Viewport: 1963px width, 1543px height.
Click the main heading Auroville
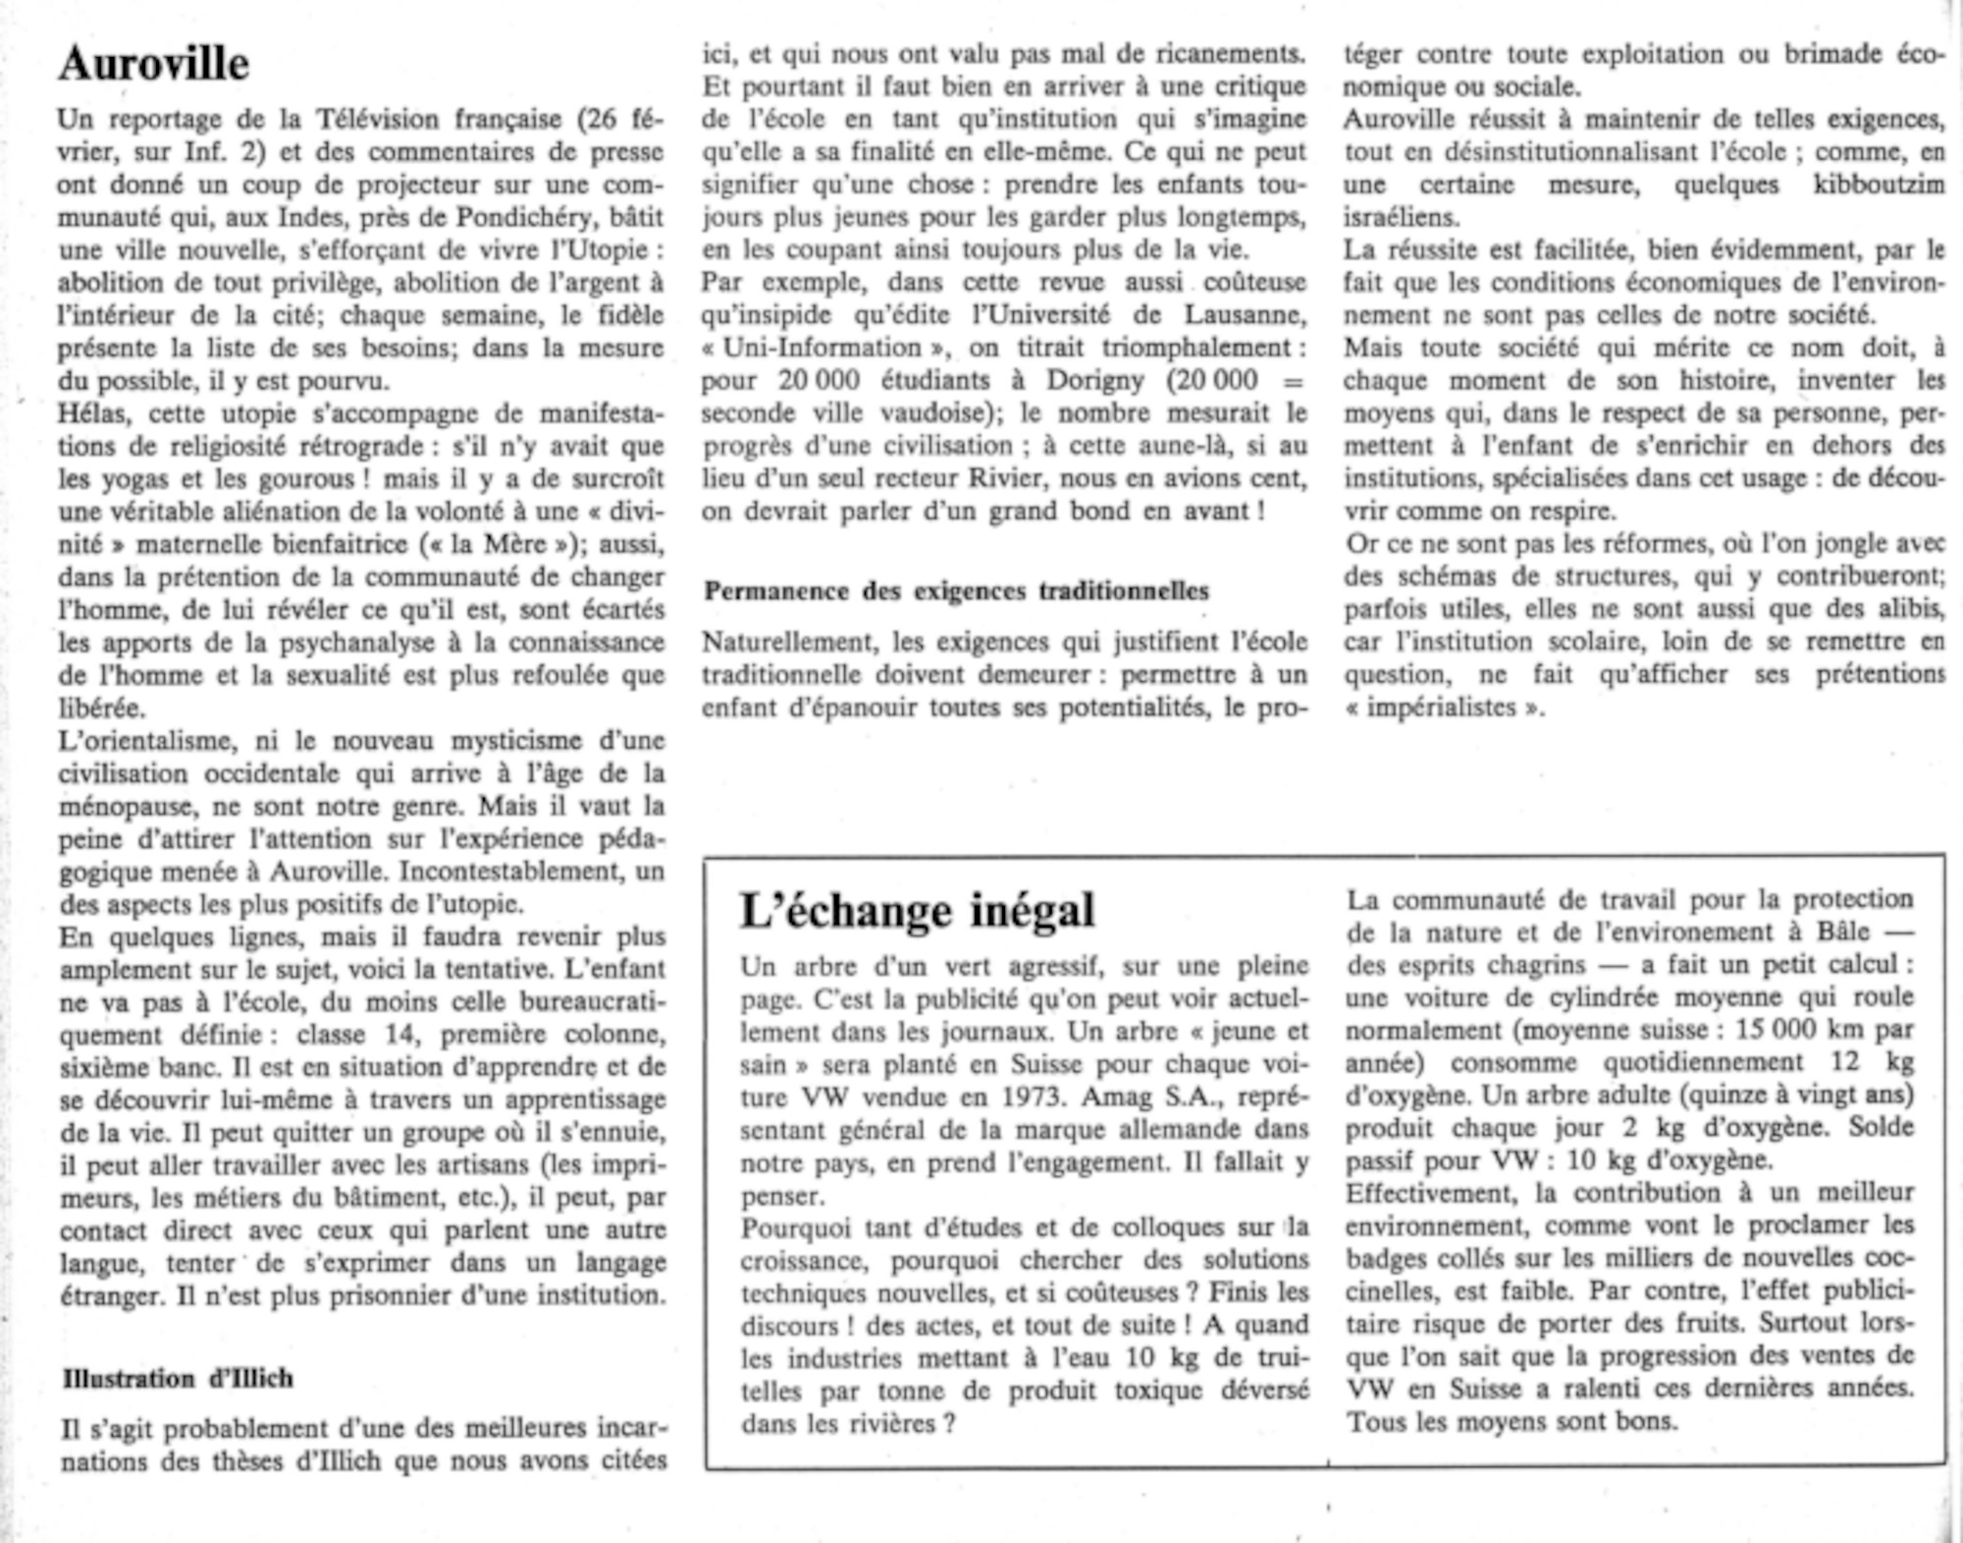153,64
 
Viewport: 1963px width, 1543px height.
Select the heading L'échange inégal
917,910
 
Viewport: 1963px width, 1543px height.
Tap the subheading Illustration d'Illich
178,1379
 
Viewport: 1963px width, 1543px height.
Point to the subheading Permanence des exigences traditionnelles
956,591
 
